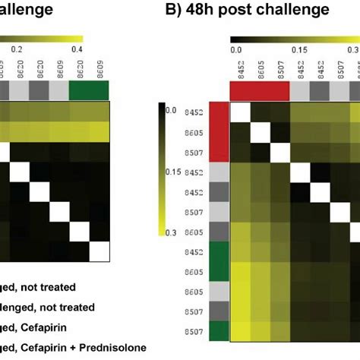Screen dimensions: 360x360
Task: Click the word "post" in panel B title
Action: coord(237,10)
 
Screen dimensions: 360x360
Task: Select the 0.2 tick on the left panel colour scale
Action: coord(17,47)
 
